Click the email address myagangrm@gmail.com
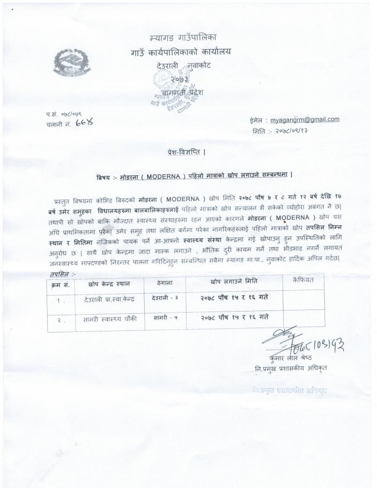click(305, 120)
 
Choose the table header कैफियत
click(303, 280)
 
